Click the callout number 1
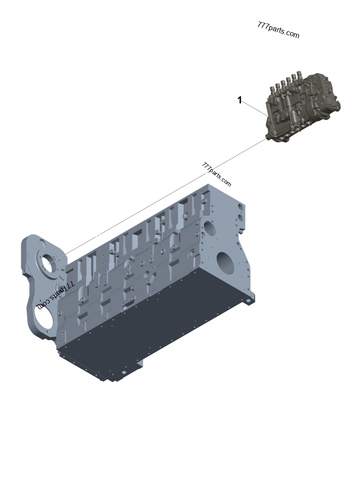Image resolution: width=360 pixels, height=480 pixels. point(240,100)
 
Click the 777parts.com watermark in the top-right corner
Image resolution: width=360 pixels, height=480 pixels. point(278,30)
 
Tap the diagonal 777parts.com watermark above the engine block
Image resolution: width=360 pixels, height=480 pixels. point(216,174)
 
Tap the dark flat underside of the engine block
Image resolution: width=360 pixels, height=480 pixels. point(148,324)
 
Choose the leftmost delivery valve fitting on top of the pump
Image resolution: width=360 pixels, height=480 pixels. point(271,88)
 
